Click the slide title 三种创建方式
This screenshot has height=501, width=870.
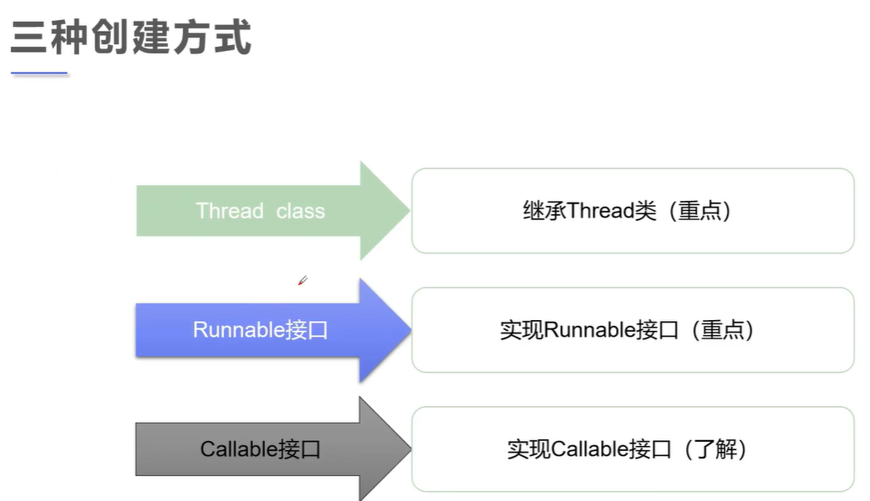coord(131,37)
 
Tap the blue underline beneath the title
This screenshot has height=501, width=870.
coord(39,73)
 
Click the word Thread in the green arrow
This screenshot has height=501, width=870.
coord(230,211)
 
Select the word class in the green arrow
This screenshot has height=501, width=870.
coord(301,211)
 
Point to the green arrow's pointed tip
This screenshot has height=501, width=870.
coord(410,211)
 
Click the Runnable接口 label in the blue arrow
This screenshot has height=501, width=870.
coord(261,330)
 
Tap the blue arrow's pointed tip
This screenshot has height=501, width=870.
coord(411,330)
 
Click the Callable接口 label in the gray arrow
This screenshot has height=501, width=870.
coord(261,448)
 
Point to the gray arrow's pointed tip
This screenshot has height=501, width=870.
coord(411,448)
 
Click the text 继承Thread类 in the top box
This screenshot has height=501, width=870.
coord(589,211)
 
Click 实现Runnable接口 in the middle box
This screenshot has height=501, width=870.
coord(589,330)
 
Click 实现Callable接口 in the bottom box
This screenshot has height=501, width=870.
coord(589,448)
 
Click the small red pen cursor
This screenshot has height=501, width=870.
coord(302,280)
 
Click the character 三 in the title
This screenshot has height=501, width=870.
coord(29,38)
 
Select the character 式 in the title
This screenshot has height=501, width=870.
coord(233,38)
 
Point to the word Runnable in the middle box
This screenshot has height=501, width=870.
coord(589,330)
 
